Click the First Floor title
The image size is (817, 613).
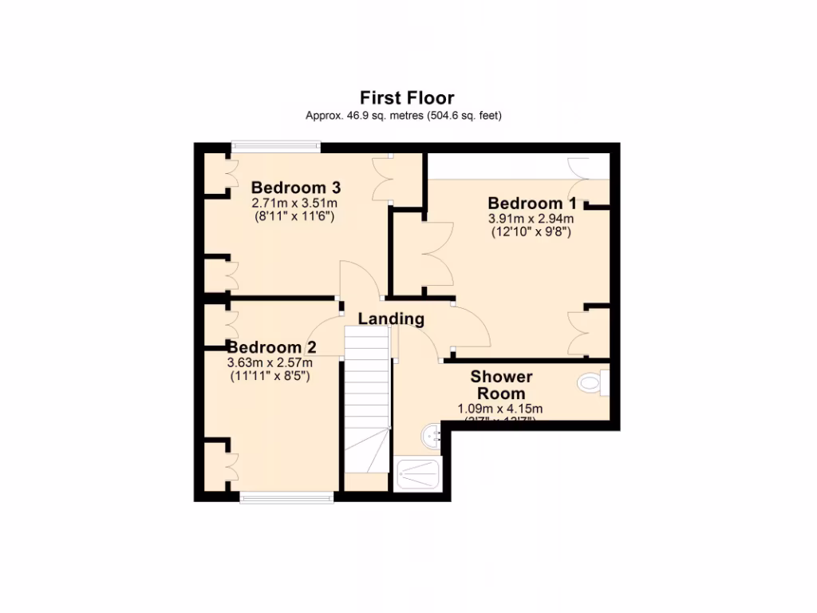click(407, 98)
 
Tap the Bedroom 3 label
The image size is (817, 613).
click(297, 188)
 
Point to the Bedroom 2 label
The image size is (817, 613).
click(272, 348)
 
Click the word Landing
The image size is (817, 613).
click(391, 319)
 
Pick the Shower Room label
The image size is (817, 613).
click(501, 385)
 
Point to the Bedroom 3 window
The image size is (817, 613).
click(276, 146)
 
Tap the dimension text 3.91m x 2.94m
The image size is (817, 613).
click(531, 218)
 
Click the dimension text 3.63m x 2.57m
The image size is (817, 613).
click(270, 362)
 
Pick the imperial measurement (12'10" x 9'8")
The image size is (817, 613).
click(531, 231)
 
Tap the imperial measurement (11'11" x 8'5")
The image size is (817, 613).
click(270, 375)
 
